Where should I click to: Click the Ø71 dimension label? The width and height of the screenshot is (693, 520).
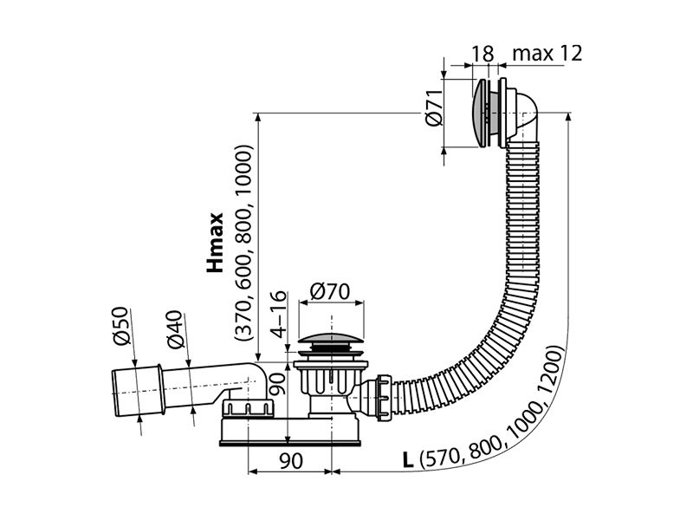pyautogui.click(x=435, y=107)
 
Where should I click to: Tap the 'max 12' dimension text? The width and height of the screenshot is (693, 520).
pyautogui.click(x=547, y=53)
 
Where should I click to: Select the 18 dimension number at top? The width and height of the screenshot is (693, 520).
pyautogui.click(x=483, y=54)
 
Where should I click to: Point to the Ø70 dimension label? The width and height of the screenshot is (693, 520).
pyautogui.click(x=330, y=291)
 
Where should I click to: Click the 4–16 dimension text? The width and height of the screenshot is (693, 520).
pyautogui.click(x=279, y=314)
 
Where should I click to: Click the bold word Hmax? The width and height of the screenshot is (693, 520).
pyautogui.click(x=215, y=243)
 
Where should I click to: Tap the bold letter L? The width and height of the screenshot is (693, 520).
pyautogui.click(x=408, y=460)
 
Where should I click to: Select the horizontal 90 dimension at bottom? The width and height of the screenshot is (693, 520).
pyautogui.click(x=291, y=461)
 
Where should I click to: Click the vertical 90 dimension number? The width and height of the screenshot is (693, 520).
pyautogui.click(x=278, y=384)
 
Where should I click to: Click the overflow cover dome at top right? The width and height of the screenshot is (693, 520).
pyautogui.click(x=480, y=114)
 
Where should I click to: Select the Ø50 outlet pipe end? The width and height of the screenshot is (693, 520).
pyautogui.click(x=136, y=391)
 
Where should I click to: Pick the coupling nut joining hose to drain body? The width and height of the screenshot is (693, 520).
pyautogui.click(x=383, y=398)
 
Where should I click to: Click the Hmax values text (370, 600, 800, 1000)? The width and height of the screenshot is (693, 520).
pyautogui.click(x=244, y=244)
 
